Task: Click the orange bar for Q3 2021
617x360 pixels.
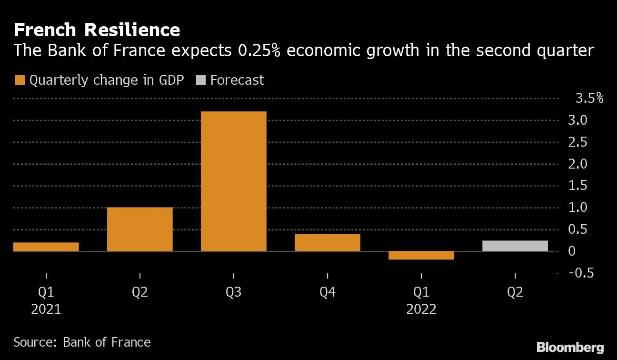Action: tap(233, 181)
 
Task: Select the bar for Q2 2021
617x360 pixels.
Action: tap(139, 229)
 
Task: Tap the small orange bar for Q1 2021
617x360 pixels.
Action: tap(46, 247)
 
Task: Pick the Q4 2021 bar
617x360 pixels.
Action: tap(327, 242)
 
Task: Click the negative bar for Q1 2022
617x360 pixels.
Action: tap(421, 255)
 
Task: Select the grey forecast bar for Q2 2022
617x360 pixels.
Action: tap(515, 246)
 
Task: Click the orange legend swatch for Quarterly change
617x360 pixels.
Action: tap(20, 80)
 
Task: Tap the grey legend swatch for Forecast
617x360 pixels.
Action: tap(200, 80)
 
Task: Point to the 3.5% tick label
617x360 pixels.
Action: tap(589, 99)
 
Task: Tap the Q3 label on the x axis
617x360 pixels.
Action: tap(233, 292)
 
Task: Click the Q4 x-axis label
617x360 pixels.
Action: tap(327, 292)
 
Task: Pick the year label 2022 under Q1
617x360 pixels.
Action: tap(421, 310)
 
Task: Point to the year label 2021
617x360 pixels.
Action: tap(46, 310)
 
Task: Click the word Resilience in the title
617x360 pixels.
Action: tap(132, 30)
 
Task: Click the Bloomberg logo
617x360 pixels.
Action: tap(570, 347)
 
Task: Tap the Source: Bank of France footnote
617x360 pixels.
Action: tap(82, 342)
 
